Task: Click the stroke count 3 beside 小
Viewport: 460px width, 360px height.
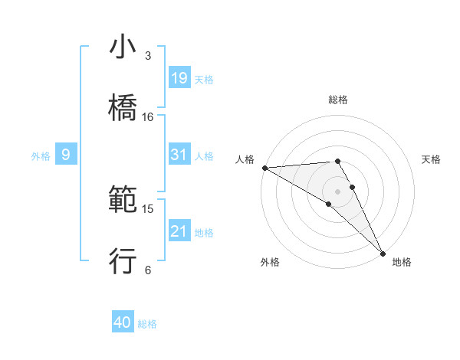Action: coord(148,56)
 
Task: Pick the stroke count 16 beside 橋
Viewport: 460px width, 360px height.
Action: coord(148,117)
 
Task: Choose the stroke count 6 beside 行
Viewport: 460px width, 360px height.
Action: coord(148,270)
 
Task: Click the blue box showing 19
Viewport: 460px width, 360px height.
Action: coord(179,77)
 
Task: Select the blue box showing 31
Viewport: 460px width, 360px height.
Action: coord(179,155)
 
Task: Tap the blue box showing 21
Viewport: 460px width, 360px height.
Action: coord(179,231)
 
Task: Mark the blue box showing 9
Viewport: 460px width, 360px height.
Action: coord(66,155)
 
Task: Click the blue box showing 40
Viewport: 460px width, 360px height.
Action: coord(123,323)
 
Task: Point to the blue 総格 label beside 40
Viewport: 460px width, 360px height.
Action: coord(147,324)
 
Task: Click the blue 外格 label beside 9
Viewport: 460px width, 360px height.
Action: coord(41,155)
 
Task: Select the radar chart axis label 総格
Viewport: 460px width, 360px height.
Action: coord(338,100)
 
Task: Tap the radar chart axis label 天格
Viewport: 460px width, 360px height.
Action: coord(432,159)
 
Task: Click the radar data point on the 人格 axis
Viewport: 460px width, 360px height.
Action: coord(264,168)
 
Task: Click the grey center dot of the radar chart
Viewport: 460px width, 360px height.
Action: coord(338,191)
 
